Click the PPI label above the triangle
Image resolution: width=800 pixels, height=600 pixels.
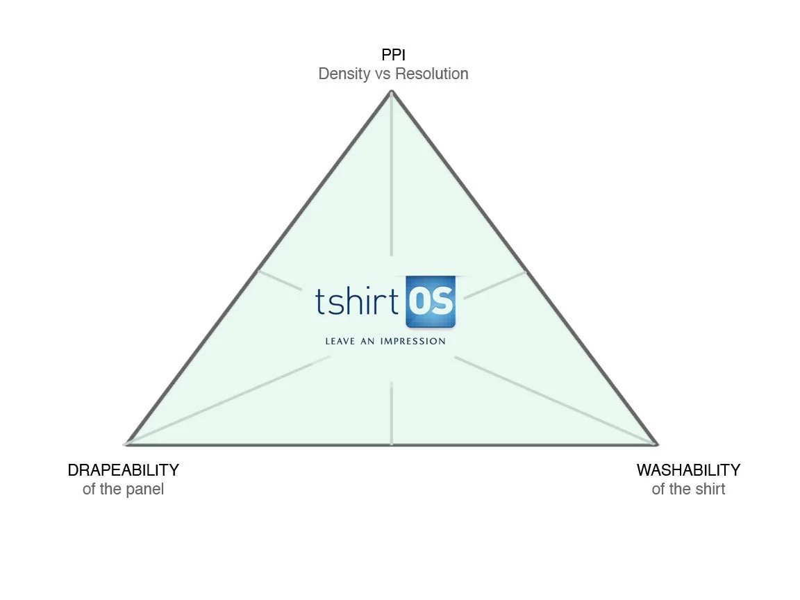[x=393, y=55]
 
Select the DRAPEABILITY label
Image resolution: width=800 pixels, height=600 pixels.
[x=123, y=470]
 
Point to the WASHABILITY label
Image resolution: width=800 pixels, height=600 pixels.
[x=688, y=470]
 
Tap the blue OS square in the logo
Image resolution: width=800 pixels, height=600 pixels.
[x=431, y=301]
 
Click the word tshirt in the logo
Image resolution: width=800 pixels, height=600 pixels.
[x=357, y=303]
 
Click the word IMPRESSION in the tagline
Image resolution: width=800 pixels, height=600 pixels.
[x=412, y=341]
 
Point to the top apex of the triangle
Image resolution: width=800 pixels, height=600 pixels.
[x=392, y=91]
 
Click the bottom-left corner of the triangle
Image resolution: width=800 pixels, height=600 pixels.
[x=126, y=443]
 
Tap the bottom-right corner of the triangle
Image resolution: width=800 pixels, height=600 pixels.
[x=656, y=443]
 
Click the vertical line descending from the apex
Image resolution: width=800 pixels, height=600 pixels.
[x=392, y=181]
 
